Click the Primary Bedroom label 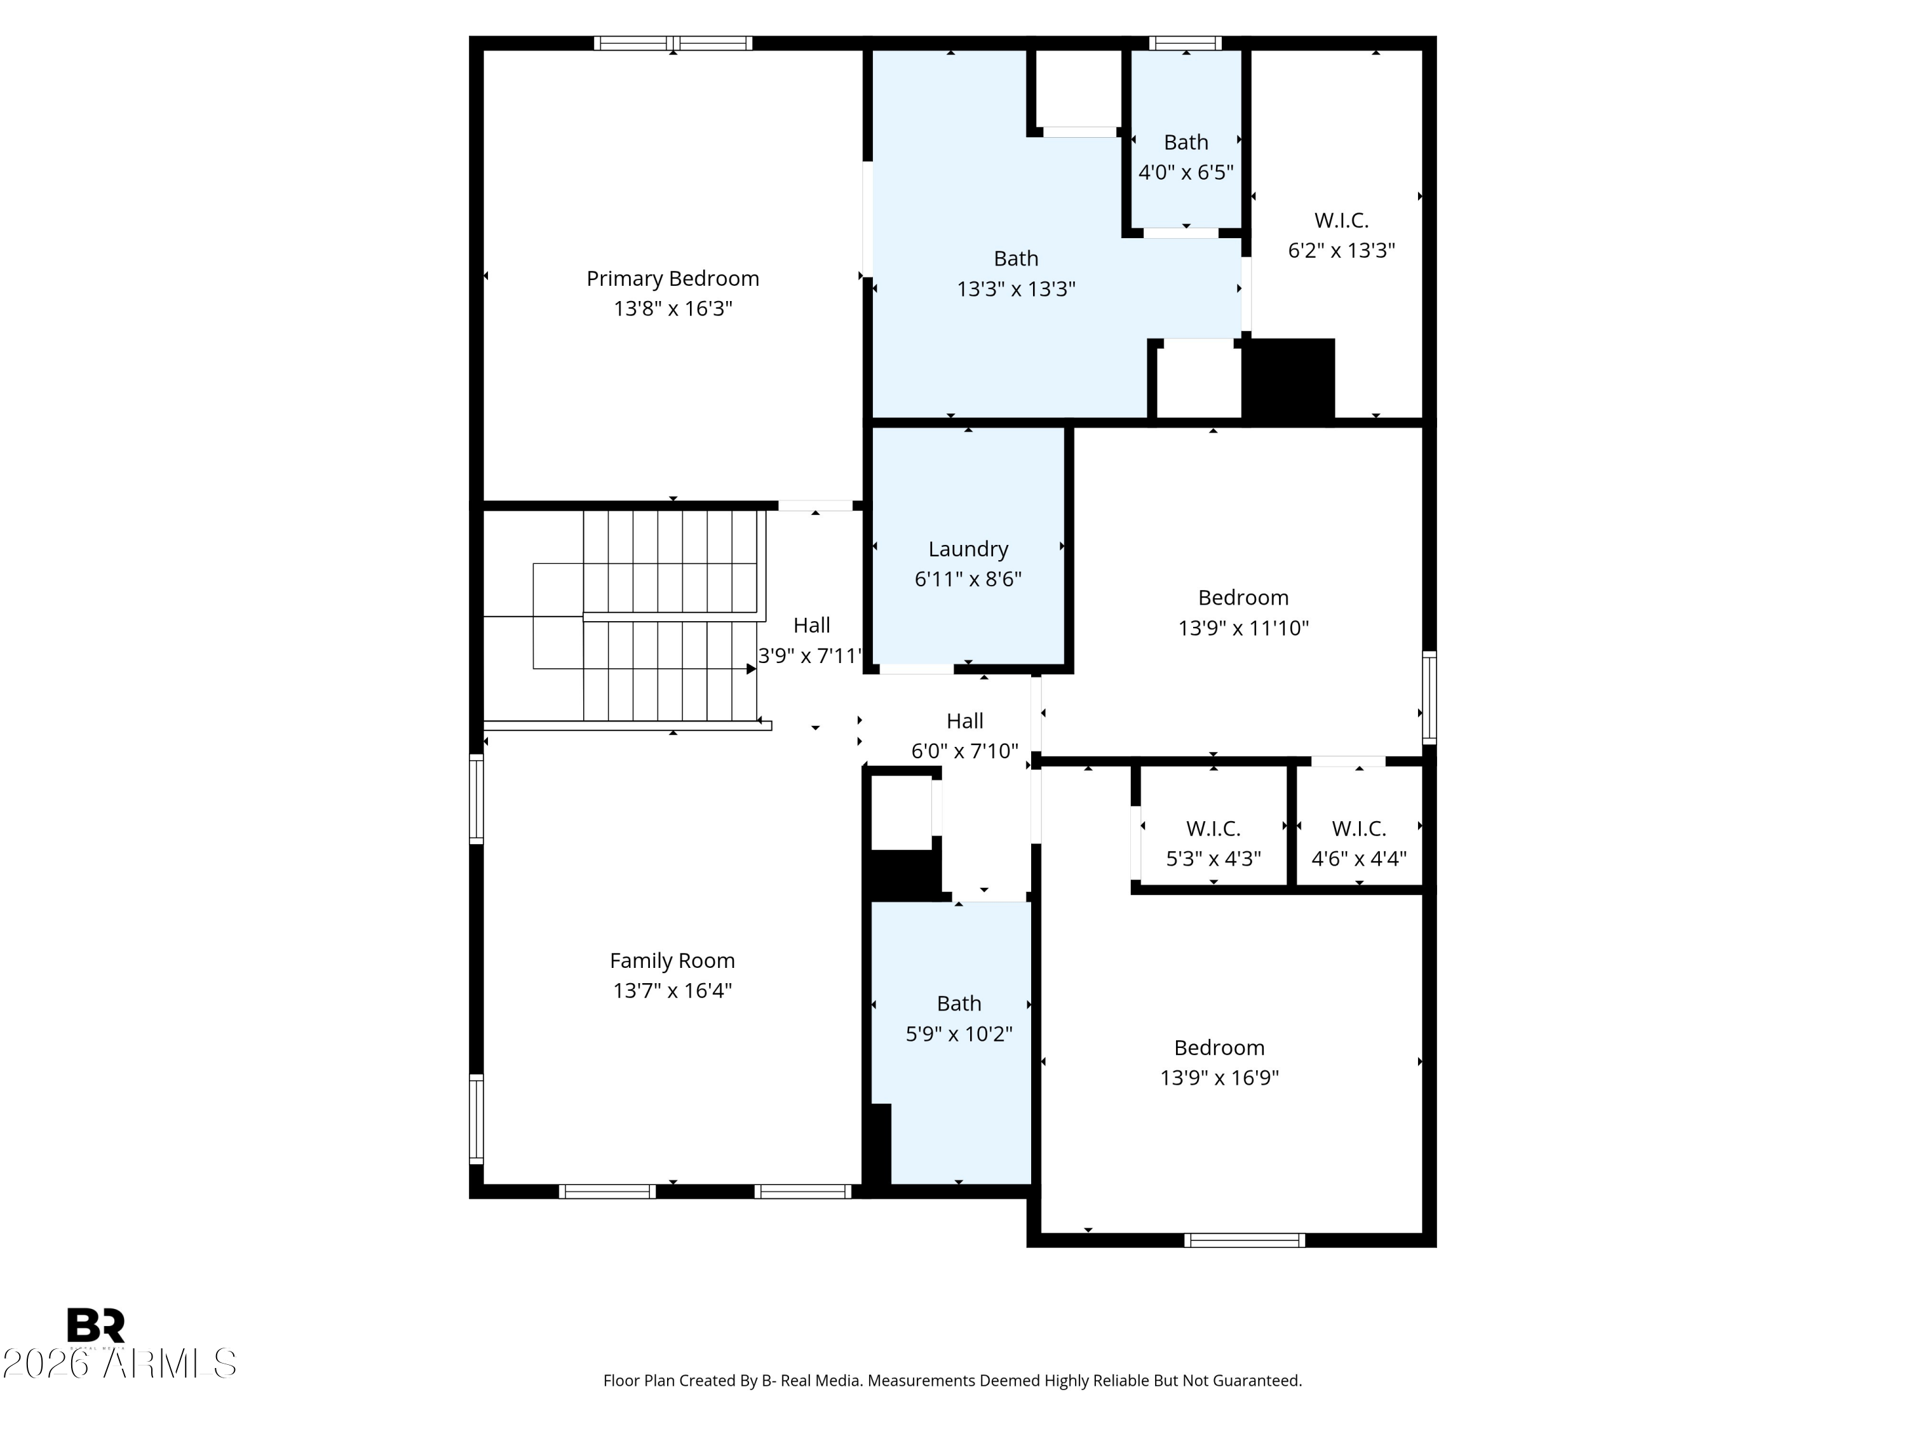[672, 278]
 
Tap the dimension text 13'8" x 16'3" [672, 309]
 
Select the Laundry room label [968, 549]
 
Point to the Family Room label [672, 960]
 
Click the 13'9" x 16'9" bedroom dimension [1219, 1078]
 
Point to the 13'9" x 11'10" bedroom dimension [1243, 628]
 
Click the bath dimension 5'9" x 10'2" [958, 1033]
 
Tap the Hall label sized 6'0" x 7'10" [964, 721]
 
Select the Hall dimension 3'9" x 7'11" [809, 656]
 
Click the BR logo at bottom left [96, 1325]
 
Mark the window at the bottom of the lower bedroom [1243, 1240]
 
